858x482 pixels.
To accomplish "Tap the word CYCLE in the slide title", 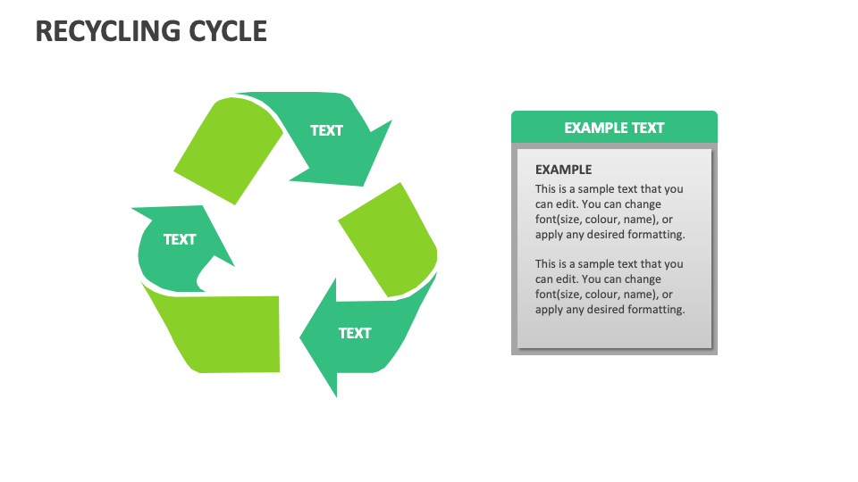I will click(x=229, y=31).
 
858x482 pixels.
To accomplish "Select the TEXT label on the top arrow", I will click(x=326, y=130).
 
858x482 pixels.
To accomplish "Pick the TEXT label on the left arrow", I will click(x=180, y=239).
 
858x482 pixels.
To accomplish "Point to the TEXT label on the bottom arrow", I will click(x=355, y=333).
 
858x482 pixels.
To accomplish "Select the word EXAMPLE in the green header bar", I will click(x=595, y=128).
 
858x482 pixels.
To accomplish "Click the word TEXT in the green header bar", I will click(x=648, y=128).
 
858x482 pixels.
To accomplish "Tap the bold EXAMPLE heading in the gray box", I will click(x=563, y=170).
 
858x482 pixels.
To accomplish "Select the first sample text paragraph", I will click(x=610, y=212).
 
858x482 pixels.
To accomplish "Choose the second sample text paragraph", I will click(x=610, y=287).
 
